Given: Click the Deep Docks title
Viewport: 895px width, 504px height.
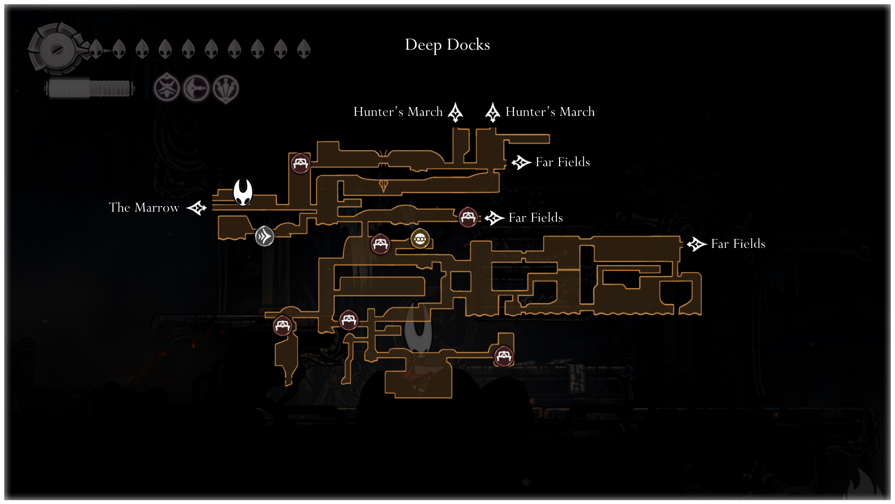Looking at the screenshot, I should tap(447, 45).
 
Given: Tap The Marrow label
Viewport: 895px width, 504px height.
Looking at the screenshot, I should tap(144, 208).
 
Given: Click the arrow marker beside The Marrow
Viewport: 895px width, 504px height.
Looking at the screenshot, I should tap(197, 208).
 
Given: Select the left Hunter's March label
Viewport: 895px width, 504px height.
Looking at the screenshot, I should tap(398, 112).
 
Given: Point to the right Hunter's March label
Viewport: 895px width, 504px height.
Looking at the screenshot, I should tap(550, 112).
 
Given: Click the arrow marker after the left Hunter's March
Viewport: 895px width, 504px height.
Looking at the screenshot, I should tap(456, 112).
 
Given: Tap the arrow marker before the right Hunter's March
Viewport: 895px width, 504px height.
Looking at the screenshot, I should tap(493, 112).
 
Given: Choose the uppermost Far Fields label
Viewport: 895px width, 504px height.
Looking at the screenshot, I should tap(563, 162).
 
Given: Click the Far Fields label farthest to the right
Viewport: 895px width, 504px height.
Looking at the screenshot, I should tap(738, 244).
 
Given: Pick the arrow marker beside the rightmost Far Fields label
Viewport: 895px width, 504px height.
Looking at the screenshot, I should tap(696, 244).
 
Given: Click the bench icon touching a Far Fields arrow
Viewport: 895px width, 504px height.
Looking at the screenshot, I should tap(468, 217).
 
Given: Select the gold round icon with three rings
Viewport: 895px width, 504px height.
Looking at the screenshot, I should tap(420, 239).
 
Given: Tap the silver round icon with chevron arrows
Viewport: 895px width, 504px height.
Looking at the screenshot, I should tap(264, 236).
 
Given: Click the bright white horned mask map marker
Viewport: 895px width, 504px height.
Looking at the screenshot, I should tap(243, 192).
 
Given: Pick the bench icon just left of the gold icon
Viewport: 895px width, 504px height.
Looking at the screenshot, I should tap(380, 244).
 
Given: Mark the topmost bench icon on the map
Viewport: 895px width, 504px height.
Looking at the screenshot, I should tap(300, 163).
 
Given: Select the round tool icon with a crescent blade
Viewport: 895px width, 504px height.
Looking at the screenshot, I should tap(196, 89).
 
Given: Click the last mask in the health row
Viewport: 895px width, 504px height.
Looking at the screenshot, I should tap(303, 49).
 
